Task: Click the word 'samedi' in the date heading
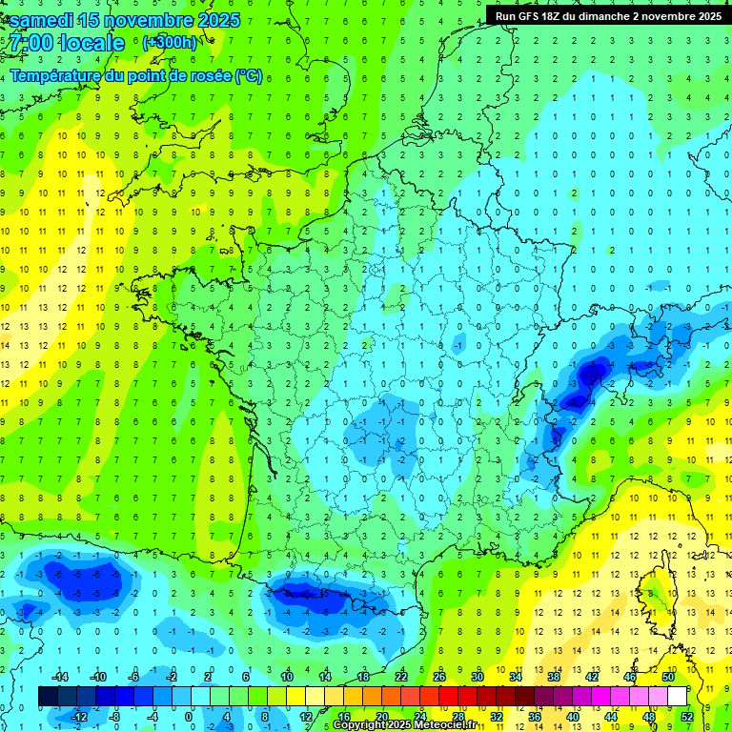pos(39,20)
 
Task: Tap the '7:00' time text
pos(29,44)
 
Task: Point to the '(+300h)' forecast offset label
pos(169,43)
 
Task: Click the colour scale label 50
pos(668,677)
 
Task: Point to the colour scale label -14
pos(59,677)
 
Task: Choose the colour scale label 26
pos(439,677)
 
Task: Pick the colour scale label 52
pos(687,716)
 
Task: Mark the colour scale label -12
pos(78,716)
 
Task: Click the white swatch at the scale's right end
pos(677,697)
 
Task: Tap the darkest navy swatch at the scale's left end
pos(49,697)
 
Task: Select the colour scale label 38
pos(554,677)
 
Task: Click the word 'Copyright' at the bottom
pos(360,725)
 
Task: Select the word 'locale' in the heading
pos(91,44)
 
